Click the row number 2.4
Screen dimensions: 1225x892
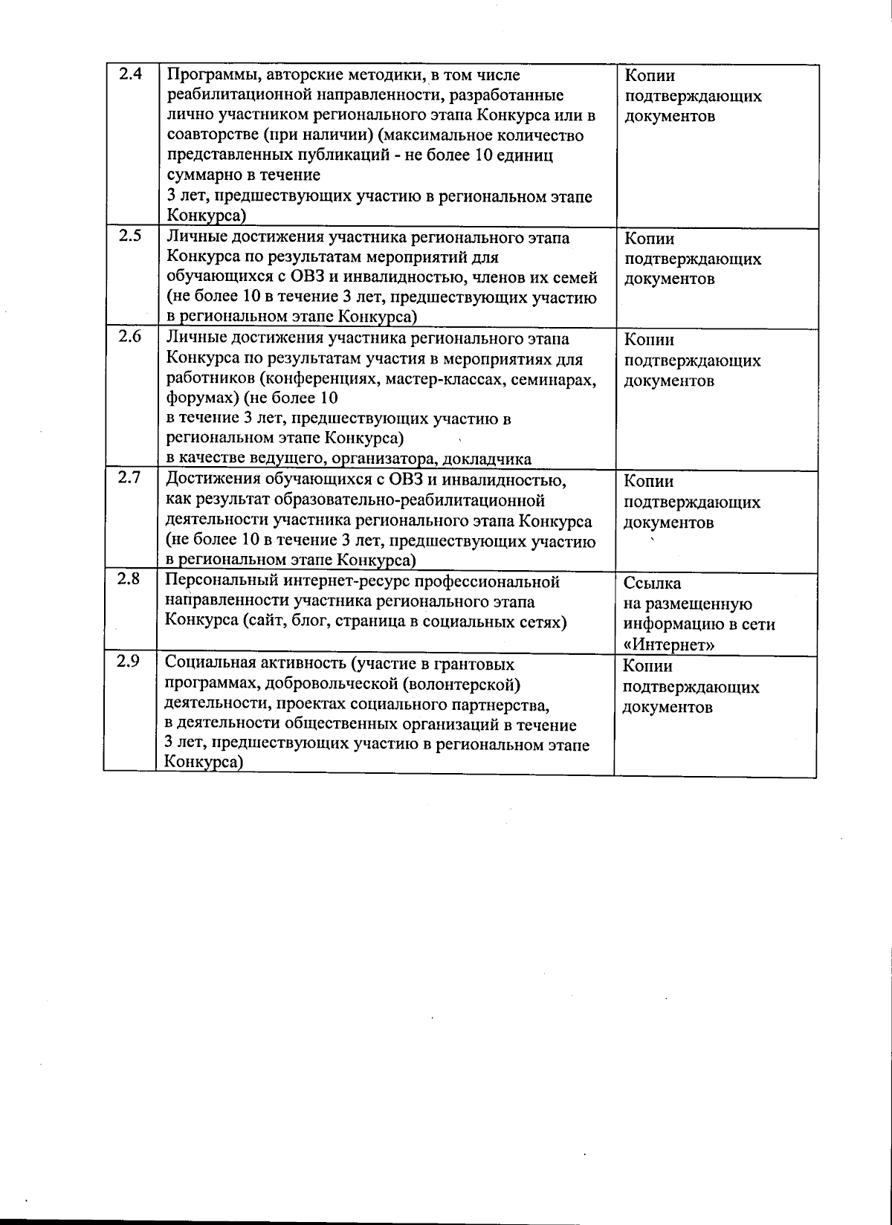tap(130, 74)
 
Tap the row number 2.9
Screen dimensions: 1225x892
tap(129, 660)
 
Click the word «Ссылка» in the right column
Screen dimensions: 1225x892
tap(652, 584)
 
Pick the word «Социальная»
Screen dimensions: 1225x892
tap(207, 663)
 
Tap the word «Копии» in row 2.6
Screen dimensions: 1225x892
tap(649, 340)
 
